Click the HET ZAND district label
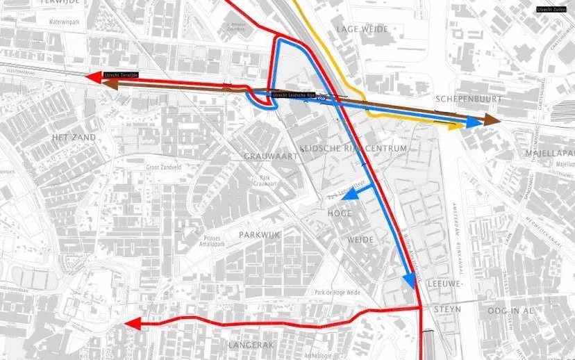coord(74,138)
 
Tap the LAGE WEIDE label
coord(361,29)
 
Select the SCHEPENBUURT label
coord(463,99)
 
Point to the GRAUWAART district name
coord(271,156)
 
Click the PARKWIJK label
coord(259,236)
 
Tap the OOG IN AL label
coord(514,310)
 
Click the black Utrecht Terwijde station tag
coord(121,74)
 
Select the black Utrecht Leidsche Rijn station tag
coord(293,95)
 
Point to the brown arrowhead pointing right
coord(492,120)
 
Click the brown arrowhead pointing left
coord(108,83)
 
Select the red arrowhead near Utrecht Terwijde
coord(92,77)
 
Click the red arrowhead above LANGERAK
coord(133,323)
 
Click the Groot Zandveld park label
coord(163,167)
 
